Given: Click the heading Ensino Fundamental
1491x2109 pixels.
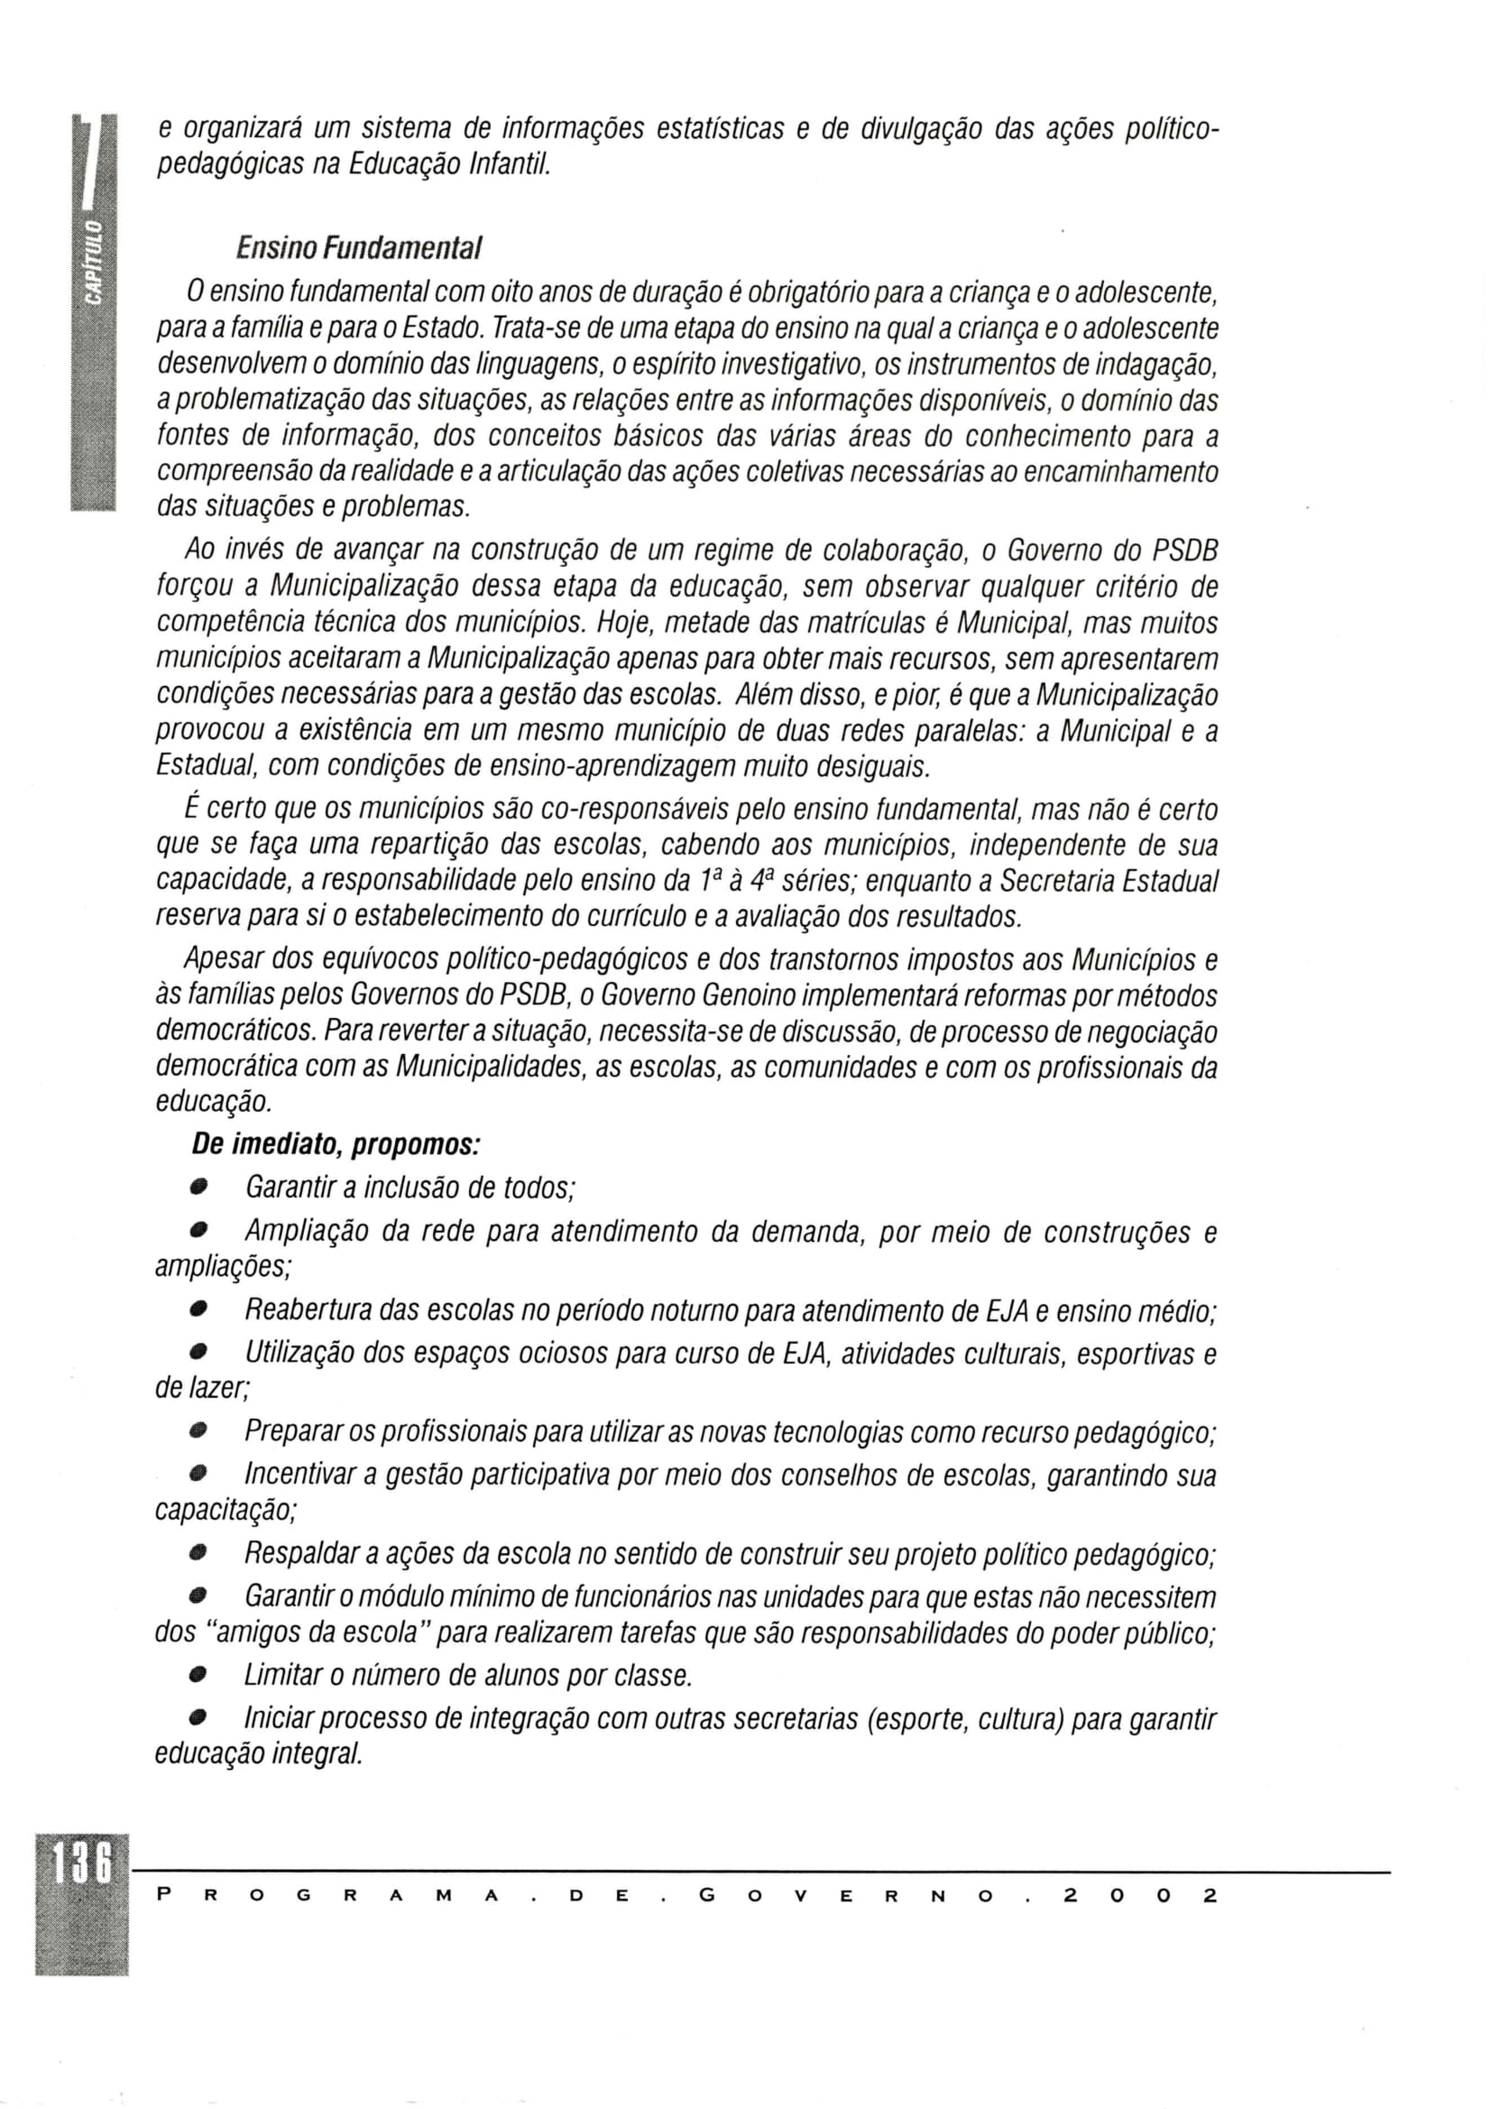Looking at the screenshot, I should (359, 248).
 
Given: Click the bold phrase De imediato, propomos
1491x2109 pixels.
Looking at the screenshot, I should (336, 1144).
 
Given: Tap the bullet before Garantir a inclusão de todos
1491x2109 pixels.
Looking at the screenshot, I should (198, 1189).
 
